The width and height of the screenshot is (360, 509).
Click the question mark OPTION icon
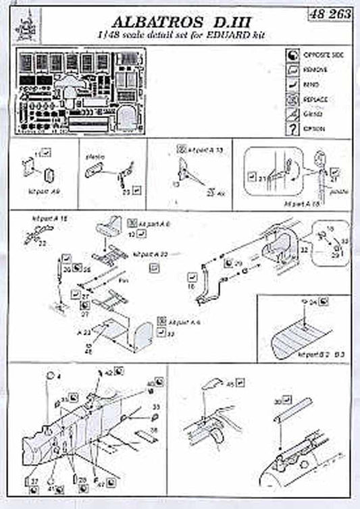292,128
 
